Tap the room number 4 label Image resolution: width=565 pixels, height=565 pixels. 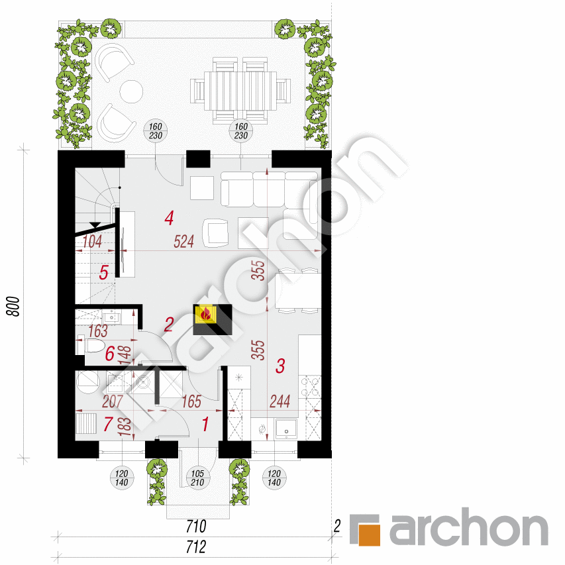170,217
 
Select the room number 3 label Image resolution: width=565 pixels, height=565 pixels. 280,364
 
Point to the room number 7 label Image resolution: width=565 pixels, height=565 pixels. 109,424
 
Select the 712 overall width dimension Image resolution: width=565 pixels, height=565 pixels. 197,547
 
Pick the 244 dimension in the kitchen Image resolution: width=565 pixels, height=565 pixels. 280,401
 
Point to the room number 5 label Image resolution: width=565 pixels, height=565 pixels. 103,272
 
